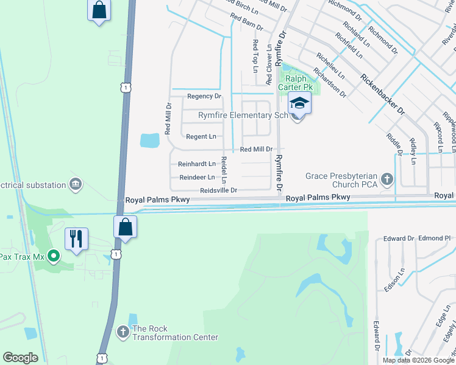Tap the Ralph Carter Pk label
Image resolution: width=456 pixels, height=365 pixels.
296,83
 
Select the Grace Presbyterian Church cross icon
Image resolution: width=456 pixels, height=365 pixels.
386,179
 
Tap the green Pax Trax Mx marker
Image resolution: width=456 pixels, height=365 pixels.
53,257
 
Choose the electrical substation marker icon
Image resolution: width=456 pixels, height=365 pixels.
76,183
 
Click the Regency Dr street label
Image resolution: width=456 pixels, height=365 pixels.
204,96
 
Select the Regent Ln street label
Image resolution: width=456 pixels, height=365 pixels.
201,137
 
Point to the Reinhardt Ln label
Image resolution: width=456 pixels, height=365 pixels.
197,164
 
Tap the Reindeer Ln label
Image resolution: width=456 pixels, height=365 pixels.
196,177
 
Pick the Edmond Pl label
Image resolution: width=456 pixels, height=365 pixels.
434,238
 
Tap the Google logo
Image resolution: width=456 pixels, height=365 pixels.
20,358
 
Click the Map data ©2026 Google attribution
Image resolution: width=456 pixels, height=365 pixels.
419,360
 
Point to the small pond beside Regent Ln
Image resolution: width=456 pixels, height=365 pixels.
150,141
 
